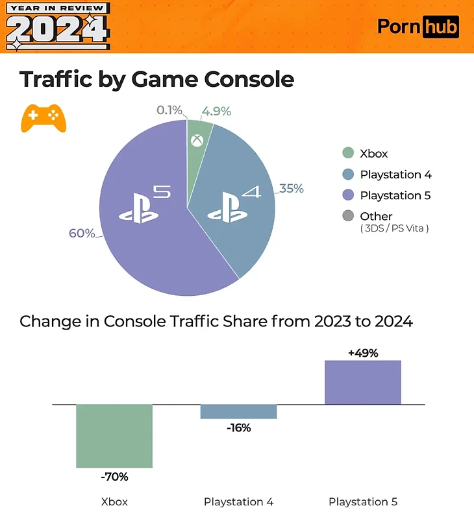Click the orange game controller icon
(x=44, y=118)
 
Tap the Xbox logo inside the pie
(x=196, y=139)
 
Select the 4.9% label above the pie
(x=216, y=111)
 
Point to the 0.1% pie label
(x=170, y=110)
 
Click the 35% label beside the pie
(x=292, y=189)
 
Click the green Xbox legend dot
(x=348, y=154)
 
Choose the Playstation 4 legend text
(x=395, y=175)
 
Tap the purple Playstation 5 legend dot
(x=348, y=195)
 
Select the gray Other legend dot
(x=348, y=216)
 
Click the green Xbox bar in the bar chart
(x=114, y=435)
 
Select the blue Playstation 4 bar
(x=238, y=411)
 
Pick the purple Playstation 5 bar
(x=362, y=382)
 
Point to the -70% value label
(x=114, y=477)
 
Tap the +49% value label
(x=362, y=353)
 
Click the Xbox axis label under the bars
(x=114, y=501)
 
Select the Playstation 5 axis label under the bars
(x=362, y=501)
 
